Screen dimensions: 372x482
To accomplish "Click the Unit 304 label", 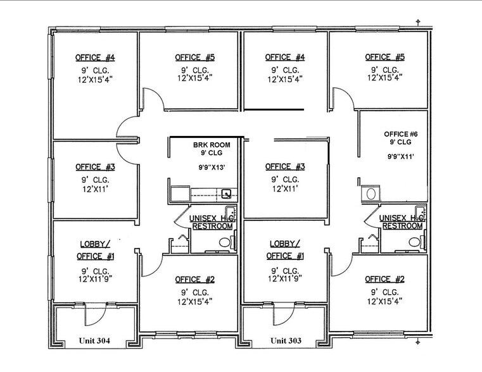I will [x=95, y=341].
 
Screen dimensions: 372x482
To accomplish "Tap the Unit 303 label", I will [x=286, y=341].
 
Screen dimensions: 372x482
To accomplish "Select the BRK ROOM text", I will [x=212, y=145].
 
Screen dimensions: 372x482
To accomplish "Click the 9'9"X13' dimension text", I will [x=212, y=168].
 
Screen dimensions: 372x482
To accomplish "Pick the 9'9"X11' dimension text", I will [x=400, y=156].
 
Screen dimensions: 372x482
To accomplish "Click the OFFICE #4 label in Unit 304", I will [x=95, y=58].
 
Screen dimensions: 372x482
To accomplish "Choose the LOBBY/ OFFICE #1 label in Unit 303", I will [x=286, y=249].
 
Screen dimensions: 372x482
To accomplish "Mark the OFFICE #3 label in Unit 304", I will [x=95, y=167].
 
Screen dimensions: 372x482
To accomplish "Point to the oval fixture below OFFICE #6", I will [x=371, y=193].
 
